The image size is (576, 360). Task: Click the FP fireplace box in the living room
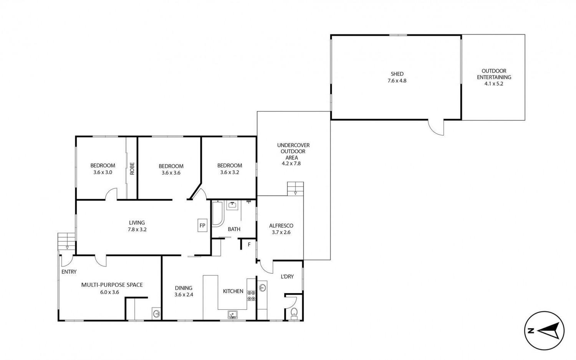(x=202, y=225)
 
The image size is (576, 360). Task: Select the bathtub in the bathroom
(x=218, y=214)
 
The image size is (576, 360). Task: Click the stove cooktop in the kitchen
(x=251, y=296)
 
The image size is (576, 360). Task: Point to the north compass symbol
(x=545, y=330)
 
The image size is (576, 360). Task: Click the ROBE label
(x=132, y=168)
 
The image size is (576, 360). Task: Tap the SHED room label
(x=397, y=74)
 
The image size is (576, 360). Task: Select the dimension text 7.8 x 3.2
(x=137, y=230)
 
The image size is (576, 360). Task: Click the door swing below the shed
(x=436, y=127)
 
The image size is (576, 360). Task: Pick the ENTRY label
(x=69, y=272)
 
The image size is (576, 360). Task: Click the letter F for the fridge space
(x=249, y=244)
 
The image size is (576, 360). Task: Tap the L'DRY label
(x=287, y=276)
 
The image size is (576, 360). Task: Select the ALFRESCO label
(x=281, y=226)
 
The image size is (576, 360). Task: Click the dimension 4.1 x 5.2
(x=494, y=84)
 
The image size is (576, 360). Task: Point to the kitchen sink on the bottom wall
(x=233, y=314)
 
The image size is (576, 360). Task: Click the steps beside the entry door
(x=66, y=241)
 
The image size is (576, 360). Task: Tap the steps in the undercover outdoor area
(x=295, y=188)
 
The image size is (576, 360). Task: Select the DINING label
(x=184, y=288)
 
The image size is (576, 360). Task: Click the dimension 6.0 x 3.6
(x=109, y=292)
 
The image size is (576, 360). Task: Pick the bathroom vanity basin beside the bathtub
(x=232, y=205)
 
